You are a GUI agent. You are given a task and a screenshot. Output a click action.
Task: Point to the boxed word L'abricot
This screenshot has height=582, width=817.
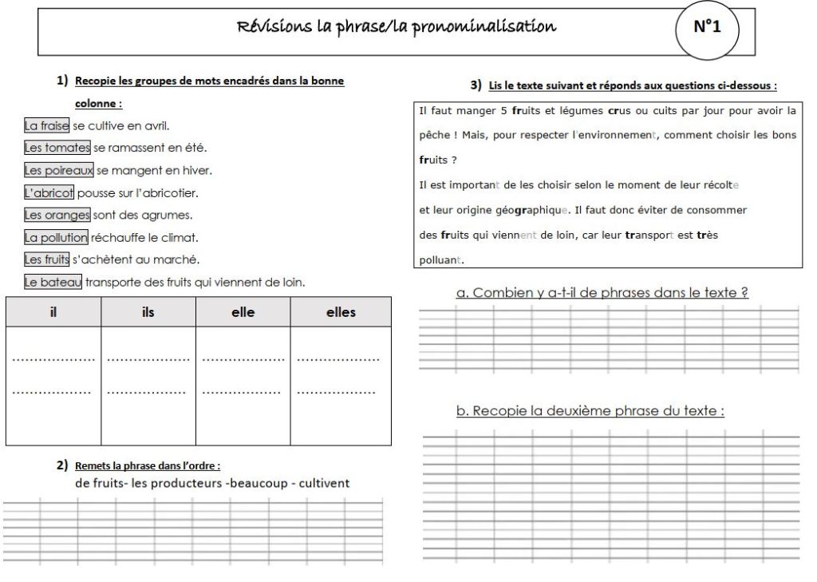[49, 192]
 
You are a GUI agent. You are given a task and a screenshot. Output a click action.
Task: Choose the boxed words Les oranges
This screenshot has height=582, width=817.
[57, 215]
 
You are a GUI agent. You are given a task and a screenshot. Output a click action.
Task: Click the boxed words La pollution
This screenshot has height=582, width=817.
[53, 237]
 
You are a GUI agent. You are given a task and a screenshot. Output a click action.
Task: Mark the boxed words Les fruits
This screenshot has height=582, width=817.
[47, 259]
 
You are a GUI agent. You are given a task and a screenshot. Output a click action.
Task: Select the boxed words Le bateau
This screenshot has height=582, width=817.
[53, 282]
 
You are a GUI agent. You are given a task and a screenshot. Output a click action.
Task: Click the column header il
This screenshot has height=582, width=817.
[53, 312]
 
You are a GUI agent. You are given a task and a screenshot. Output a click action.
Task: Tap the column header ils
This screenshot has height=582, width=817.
[148, 312]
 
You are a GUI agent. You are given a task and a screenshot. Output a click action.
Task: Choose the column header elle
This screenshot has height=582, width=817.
[243, 312]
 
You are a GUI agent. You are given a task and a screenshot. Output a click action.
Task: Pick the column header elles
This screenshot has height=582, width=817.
[341, 312]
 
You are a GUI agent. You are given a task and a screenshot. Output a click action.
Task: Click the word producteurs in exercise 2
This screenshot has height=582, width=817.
[176, 483]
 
